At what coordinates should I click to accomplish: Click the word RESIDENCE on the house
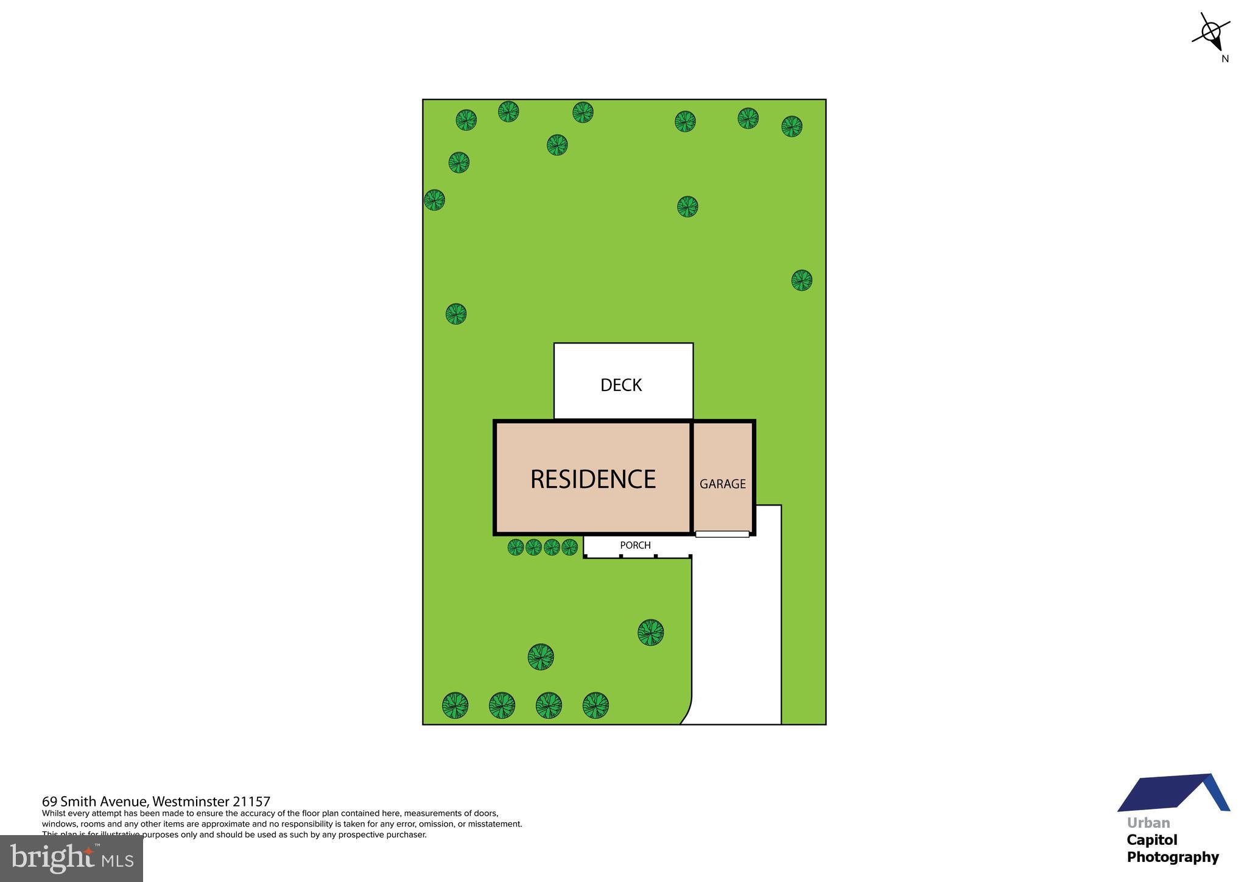coord(592,479)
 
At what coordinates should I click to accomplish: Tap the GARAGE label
coord(722,484)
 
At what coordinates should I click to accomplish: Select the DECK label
coord(621,385)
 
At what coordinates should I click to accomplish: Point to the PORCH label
coord(635,545)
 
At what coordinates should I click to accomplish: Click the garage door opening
coord(722,534)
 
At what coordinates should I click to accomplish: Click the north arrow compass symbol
coord(1210,32)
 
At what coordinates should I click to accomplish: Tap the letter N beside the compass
coord(1225,59)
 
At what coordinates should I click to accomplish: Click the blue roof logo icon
coord(1173,794)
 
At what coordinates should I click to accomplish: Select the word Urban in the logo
coord(1148,823)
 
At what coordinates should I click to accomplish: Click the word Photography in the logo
coord(1172,857)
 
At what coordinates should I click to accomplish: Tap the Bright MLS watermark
coord(72,858)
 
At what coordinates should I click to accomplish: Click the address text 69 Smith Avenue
coord(94,802)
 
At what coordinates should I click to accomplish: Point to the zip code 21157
coord(251,802)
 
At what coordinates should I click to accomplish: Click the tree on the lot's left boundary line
coord(434,200)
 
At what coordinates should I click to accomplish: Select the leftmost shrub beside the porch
coord(516,547)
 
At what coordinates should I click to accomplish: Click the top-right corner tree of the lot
coord(792,126)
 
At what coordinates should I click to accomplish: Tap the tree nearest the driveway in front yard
coord(650,633)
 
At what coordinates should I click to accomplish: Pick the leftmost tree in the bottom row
coord(455,705)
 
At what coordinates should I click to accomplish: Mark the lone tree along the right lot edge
coord(801,280)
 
